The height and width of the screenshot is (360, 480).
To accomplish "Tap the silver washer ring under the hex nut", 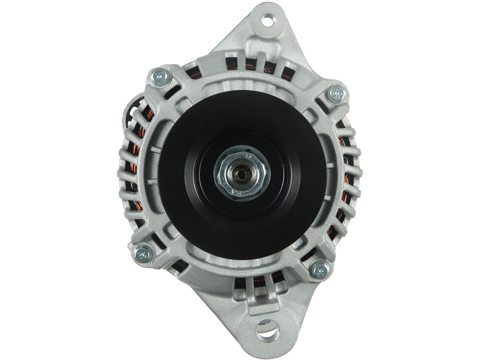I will pos(243,171).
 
